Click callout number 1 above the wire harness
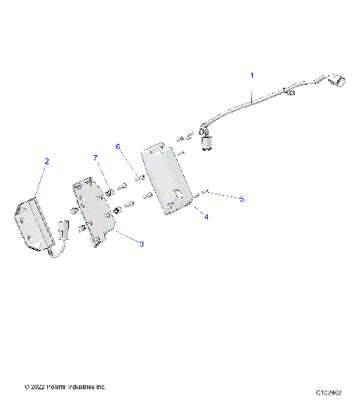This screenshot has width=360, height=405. [251, 75]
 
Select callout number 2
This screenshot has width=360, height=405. [46, 160]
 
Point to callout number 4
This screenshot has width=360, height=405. [205, 216]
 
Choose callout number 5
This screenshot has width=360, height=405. [241, 199]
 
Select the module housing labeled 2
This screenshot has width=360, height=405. [34, 221]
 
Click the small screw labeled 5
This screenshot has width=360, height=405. [203, 193]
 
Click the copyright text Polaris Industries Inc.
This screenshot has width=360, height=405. [65, 387]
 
